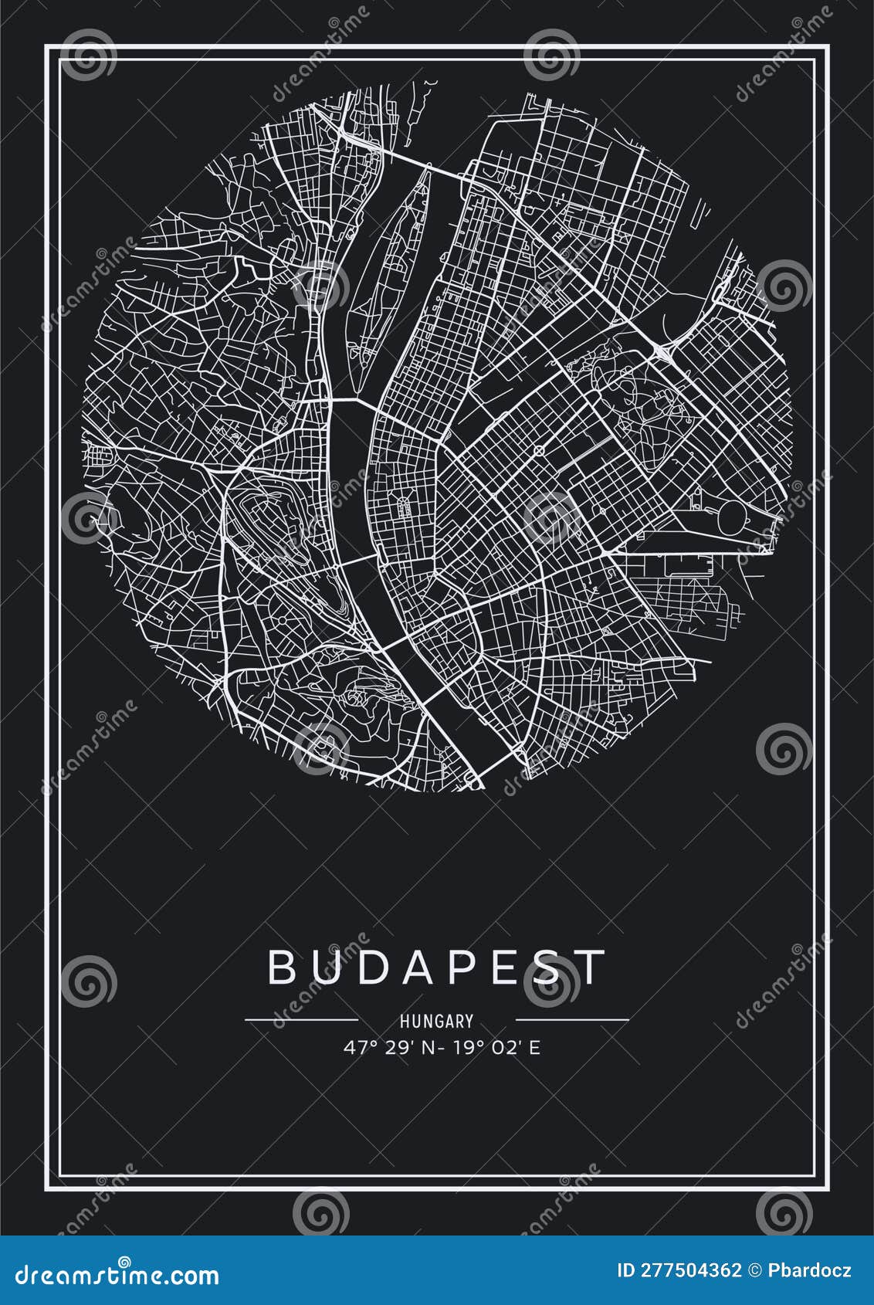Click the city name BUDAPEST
coord(436,967)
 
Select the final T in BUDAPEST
coord(593,967)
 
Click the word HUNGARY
coord(436,1021)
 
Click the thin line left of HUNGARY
coord(301,1020)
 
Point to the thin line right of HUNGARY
coord(571,1020)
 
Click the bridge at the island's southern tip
coord(354,399)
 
